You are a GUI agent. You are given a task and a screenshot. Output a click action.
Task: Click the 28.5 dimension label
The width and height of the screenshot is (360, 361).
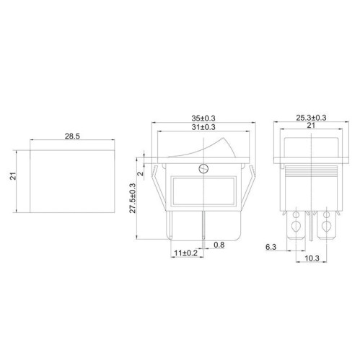click(x=72, y=136)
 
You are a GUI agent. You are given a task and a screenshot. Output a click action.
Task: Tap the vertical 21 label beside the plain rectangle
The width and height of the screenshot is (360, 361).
click(x=13, y=176)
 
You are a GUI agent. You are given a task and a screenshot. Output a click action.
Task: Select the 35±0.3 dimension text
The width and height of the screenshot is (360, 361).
click(x=203, y=118)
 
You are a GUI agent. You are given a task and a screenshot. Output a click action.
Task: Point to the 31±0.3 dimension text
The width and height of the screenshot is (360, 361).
click(x=203, y=127)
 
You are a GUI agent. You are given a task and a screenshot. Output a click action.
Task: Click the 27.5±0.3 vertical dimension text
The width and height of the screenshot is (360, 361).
click(x=133, y=198)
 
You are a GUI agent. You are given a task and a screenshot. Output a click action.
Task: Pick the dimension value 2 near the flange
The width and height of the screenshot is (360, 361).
click(x=141, y=173)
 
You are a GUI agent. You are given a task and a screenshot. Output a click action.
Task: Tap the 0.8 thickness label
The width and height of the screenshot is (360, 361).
click(x=219, y=245)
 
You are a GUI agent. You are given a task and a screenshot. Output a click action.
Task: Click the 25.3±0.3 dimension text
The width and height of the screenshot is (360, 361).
click(x=311, y=118)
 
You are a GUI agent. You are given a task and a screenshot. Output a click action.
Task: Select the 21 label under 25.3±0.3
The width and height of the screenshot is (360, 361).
click(x=311, y=126)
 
